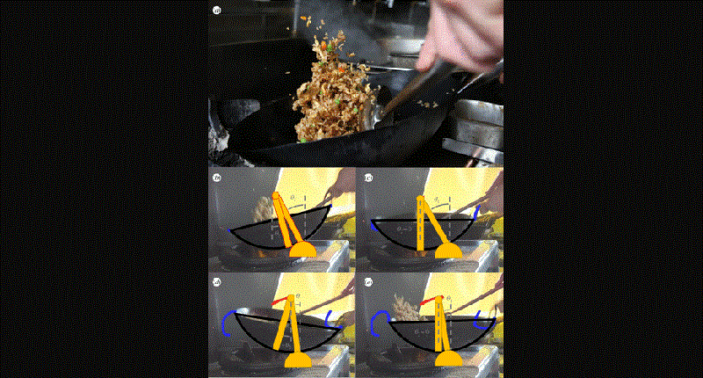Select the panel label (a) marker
point(217,11)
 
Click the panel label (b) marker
point(217,178)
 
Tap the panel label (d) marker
point(217,282)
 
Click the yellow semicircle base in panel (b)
point(302,250)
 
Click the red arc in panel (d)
point(279,302)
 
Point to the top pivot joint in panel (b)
point(277,196)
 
